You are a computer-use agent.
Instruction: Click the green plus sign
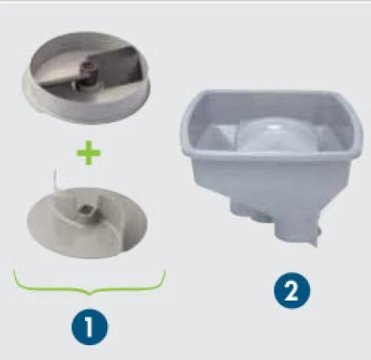[x=89, y=152]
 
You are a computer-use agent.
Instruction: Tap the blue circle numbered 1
[x=90, y=327]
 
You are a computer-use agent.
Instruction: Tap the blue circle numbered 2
[x=292, y=290]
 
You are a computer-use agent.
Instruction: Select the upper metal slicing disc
[x=87, y=77]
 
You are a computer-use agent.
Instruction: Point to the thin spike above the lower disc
[x=57, y=179]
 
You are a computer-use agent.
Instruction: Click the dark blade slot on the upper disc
[x=88, y=68]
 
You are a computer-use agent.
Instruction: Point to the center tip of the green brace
[x=89, y=294]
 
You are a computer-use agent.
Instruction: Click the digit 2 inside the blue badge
[x=292, y=291]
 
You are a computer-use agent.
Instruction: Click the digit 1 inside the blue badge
[x=89, y=327]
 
